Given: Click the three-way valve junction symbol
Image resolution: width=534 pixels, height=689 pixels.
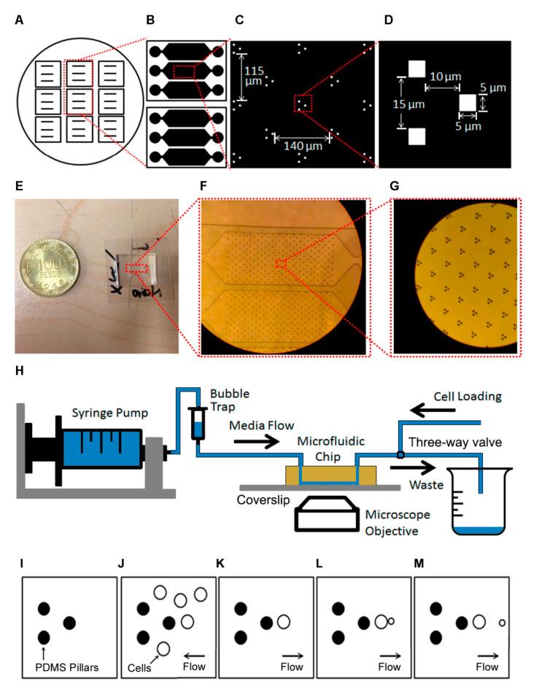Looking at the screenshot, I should [400, 456].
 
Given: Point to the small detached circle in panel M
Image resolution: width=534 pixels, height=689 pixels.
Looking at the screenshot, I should [501, 623].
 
